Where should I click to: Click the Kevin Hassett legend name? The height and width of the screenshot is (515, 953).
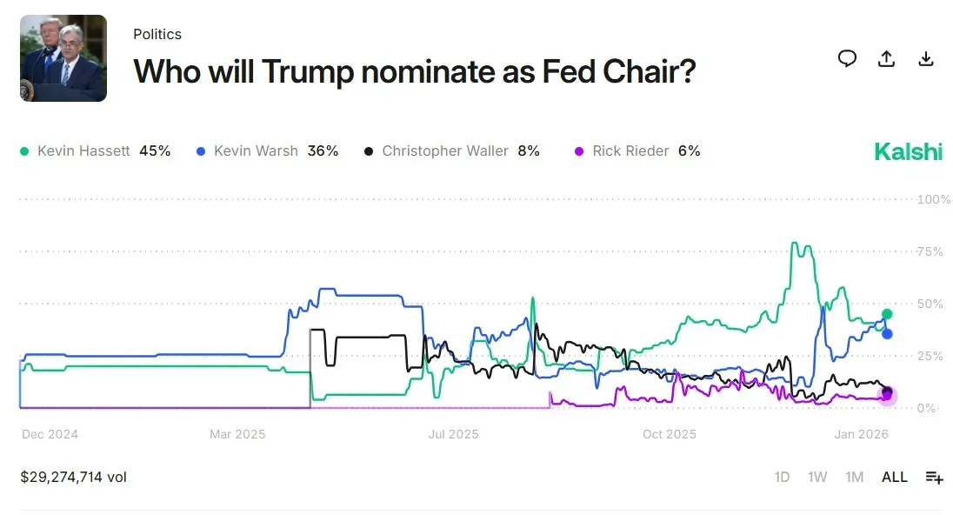[x=83, y=151]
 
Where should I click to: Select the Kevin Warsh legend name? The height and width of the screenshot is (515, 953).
[x=256, y=151]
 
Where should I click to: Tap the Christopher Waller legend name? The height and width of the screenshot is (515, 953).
[x=445, y=151]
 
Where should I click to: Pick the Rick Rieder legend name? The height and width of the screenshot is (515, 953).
[x=630, y=151]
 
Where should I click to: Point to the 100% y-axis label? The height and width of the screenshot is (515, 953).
[x=934, y=199]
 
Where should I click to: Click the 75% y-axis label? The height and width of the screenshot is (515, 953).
[x=930, y=251]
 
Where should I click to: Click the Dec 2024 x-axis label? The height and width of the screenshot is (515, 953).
[x=50, y=434]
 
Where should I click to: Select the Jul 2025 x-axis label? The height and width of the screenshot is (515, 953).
[x=454, y=434]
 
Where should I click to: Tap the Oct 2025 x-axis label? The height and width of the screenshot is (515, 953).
[x=670, y=434]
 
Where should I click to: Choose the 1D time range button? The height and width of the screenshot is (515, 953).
[x=783, y=477]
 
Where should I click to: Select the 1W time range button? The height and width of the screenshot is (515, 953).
[x=817, y=477]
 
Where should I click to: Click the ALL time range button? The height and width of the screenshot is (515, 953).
[x=894, y=477]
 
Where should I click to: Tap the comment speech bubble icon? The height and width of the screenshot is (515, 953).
[x=847, y=58]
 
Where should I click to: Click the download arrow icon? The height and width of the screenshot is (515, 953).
[x=926, y=58]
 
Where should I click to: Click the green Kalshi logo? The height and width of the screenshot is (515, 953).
[x=908, y=151]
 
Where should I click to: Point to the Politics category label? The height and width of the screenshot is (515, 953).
[x=157, y=34]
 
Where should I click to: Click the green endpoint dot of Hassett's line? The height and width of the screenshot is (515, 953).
[x=887, y=314]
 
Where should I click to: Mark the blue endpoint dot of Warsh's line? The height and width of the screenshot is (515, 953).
[x=887, y=334]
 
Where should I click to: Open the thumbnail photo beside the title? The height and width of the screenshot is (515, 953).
[x=63, y=58]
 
